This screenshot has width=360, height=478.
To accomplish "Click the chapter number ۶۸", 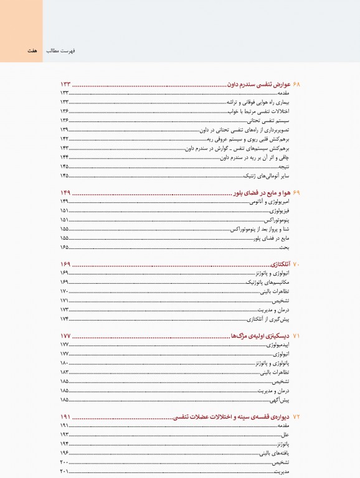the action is point(296,84).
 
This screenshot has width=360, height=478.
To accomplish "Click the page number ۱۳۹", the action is point(64,130).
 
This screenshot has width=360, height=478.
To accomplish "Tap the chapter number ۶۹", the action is point(296,193).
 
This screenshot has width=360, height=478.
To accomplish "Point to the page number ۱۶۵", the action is point(64,248).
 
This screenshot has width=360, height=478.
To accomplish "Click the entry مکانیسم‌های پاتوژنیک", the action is point(269,283).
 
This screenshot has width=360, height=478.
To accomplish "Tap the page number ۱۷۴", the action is point(64,319).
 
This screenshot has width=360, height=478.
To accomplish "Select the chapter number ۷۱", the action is point(296,336).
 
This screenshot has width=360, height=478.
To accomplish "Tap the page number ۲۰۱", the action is point(64,472).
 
